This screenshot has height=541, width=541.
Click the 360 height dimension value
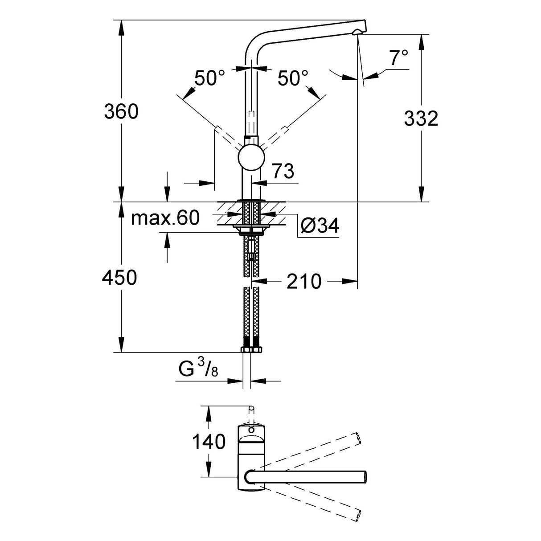(121, 111)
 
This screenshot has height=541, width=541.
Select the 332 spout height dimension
(421, 119)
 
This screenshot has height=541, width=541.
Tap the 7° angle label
(398, 58)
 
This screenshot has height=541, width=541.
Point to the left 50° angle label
(209, 78)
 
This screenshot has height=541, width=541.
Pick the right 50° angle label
(293, 78)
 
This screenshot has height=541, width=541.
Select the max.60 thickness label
(165, 218)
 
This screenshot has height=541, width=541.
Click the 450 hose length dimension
(119, 278)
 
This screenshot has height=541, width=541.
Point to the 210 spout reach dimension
(303, 281)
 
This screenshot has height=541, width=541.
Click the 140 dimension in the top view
(208, 442)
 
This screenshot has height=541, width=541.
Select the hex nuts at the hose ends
(251, 349)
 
